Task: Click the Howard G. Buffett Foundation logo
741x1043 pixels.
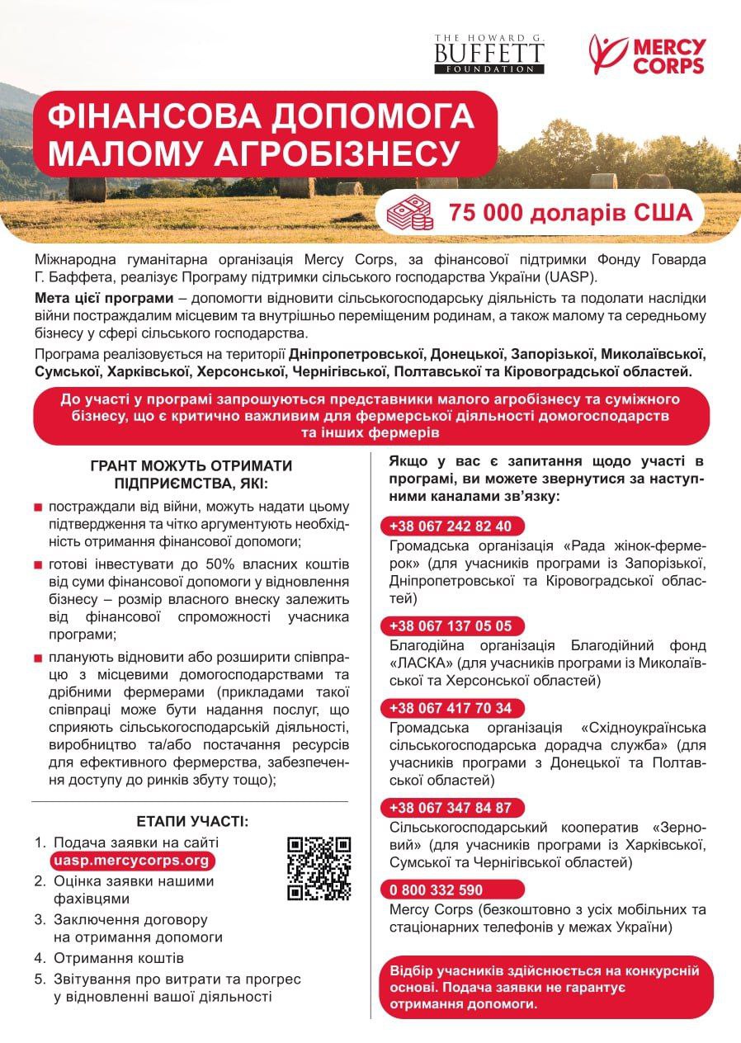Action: [x=489, y=54]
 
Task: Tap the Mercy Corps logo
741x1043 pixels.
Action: [x=647, y=54]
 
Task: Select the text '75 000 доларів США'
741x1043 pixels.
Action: [x=558, y=213]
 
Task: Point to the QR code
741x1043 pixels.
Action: [x=319, y=868]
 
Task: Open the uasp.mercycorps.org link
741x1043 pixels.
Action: [x=130, y=861]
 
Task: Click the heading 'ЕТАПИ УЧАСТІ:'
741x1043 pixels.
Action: [x=191, y=821]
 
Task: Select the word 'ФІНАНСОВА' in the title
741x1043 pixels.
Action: [x=143, y=116]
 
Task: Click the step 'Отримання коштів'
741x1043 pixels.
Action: [x=119, y=958]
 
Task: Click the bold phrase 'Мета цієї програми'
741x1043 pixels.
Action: [x=104, y=297]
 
